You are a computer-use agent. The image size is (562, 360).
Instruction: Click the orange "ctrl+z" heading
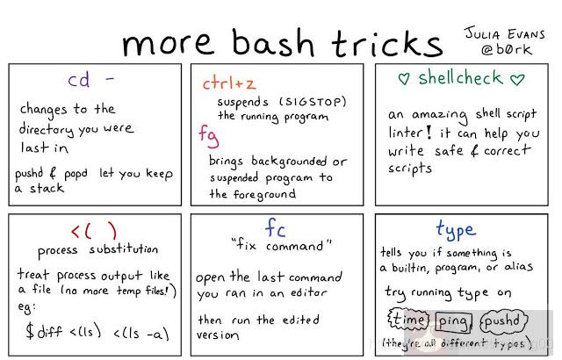click(230, 83)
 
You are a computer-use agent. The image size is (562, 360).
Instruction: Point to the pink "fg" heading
click(208, 136)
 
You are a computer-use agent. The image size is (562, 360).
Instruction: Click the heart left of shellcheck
click(403, 79)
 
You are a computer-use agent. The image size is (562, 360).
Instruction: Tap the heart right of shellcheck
click(517, 79)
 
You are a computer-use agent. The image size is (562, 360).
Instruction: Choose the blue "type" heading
click(455, 230)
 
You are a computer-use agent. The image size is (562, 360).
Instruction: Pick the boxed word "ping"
click(456, 320)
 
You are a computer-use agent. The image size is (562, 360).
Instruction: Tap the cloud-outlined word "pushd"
click(504, 320)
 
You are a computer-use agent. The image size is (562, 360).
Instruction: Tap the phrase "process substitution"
click(97, 249)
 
